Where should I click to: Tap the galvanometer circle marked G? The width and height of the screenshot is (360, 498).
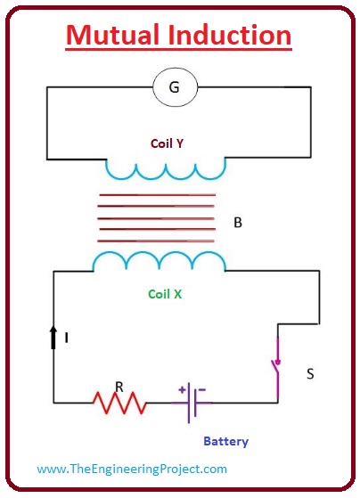click(x=175, y=87)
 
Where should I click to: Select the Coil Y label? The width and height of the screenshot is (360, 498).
click(x=167, y=143)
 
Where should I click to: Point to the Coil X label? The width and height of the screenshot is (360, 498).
click(x=165, y=294)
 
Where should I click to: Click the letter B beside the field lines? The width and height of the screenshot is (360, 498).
click(x=238, y=223)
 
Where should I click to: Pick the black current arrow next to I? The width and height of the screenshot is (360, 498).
click(x=53, y=337)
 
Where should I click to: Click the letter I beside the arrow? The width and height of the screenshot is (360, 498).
click(x=67, y=338)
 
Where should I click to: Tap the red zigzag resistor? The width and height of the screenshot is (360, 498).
click(x=119, y=403)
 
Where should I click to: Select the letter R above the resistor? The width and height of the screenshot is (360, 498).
click(x=119, y=388)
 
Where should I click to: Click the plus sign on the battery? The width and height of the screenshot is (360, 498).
click(x=182, y=389)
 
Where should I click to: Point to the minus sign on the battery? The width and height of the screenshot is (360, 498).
click(x=202, y=389)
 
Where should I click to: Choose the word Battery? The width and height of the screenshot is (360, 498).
click(x=226, y=442)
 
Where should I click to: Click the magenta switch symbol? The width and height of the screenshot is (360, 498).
click(x=276, y=370)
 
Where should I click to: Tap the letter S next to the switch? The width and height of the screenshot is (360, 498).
click(x=310, y=374)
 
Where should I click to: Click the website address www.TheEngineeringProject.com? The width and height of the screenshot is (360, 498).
click(x=132, y=469)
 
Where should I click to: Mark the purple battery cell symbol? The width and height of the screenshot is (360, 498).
click(x=192, y=403)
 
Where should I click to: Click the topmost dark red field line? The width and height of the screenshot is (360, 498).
click(x=158, y=195)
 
